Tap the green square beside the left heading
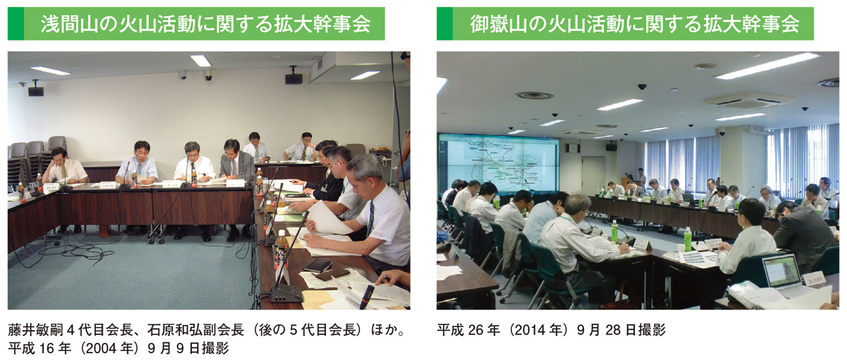[x=16, y=23]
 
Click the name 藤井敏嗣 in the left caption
[x=35, y=330]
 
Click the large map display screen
[x=498, y=164]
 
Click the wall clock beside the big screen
[x=573, y=148]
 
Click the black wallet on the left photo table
[x=318, y=266]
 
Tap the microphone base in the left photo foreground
[x=286, y=294]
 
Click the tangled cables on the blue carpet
[x=75, y=249]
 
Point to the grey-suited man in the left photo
[x=236, y=162]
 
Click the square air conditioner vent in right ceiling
[x=748, y=101]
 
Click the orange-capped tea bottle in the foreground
[x=281, y=250]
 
